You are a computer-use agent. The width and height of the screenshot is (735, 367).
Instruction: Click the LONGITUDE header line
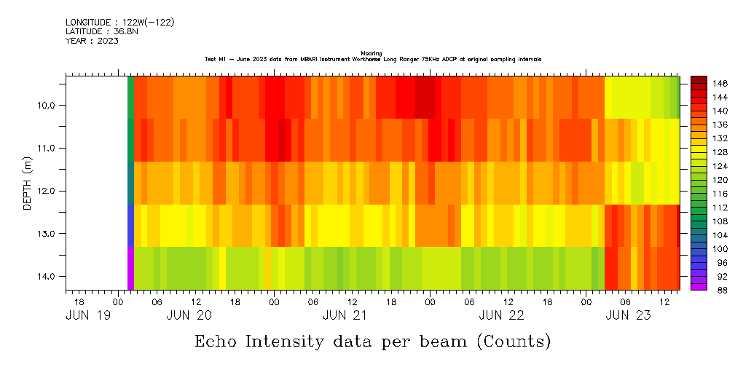pyautogui.click(x=120, y=23)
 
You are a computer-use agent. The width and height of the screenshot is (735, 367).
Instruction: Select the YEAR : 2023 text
pyautogui.click(x=92, y=41)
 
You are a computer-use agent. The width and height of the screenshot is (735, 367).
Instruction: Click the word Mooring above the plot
pyautogui.click(x=372, y=53)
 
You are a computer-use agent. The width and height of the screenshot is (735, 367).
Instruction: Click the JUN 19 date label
pyautogui.click(x=88, y=315)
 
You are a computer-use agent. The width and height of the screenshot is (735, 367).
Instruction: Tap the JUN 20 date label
pyautogui.click(x=189, y=315)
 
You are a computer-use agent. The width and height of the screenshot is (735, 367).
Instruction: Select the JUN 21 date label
pyautogui.click(x=345, y=315)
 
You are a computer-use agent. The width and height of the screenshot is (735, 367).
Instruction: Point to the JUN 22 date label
pyautogui.click(x=501, y=315)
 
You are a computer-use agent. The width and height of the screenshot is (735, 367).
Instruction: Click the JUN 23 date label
pyautogui.click(x=628, y=315)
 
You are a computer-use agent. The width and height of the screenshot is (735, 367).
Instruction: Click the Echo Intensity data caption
pyautogui.click(x=372, y=341)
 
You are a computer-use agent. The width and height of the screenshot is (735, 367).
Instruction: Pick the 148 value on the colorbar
pyautogui.click(x=720, y=82)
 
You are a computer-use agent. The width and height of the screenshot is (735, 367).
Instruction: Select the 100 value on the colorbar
pyautogui.click(x=720, y=248)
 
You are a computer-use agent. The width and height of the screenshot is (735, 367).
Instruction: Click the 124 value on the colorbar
pyautogui.click(x=720, y=165)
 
